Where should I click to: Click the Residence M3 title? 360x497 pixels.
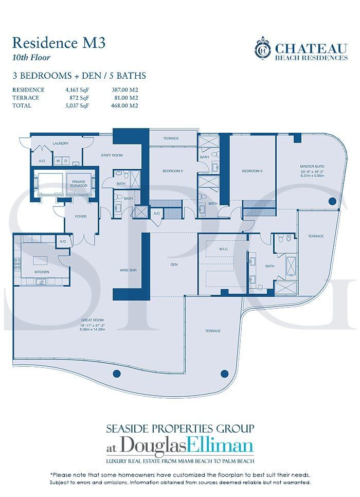[x=59, y=43]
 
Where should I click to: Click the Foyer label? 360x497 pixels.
[x=80, y=217]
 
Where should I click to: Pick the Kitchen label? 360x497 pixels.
[x=42, y=271]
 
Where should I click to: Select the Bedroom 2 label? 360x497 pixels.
[x=173, y=171]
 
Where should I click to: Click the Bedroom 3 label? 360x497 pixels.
[x=253, y=171]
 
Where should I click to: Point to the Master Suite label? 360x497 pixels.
[x=312, y=166]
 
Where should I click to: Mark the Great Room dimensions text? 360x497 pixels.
[x=94, y=329]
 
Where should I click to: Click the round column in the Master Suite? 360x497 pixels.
[x=332, y=201]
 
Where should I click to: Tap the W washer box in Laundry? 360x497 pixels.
[x=58, y=161]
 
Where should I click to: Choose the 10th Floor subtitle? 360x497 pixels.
[x=31, y=57]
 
